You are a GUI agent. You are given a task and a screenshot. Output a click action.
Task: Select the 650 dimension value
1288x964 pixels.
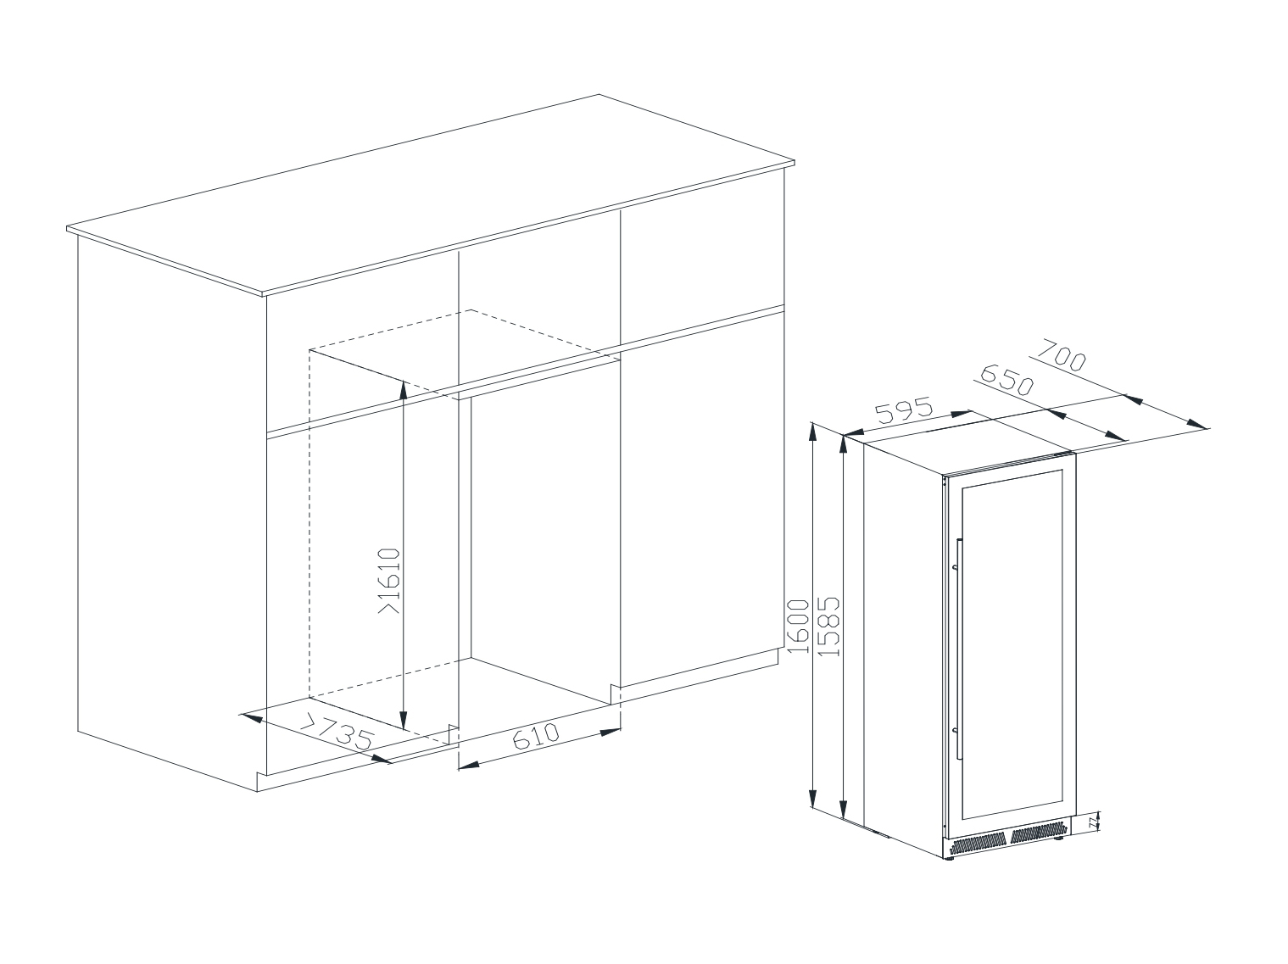click(x=1007, y=380)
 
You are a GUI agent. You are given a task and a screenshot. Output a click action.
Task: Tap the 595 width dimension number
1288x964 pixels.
click(x=904, y=410)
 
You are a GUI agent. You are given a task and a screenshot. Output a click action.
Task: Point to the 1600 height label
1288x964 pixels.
click(x=797, y=626)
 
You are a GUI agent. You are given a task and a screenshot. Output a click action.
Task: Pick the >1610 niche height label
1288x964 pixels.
click(x=389, y=581)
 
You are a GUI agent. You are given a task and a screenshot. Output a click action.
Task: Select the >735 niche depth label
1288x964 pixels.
click(x=337, y=732)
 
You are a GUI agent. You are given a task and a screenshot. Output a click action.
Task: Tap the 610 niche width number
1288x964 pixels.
click(x=536, y=737)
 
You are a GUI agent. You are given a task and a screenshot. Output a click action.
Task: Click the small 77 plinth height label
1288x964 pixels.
click(x=1092, y=823)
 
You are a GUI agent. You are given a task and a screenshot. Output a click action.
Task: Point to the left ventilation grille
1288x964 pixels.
click(x=978, y=843)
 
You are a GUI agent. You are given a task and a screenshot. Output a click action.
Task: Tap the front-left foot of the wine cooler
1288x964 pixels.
click(x=948, y=857)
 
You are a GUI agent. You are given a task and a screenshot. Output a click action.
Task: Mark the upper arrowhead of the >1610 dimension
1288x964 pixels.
click(x=403, y=390)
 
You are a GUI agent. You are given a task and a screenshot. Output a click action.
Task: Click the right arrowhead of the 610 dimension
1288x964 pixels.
click(x=611, y=732)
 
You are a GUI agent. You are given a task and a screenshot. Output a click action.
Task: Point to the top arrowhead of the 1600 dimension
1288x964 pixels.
click(x=812, y=432)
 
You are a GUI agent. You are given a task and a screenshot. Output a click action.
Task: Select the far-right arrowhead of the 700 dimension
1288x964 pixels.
click(x=1197, y=424)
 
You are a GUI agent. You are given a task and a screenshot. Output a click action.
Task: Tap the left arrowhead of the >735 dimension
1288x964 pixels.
click(x=252, y=717)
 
